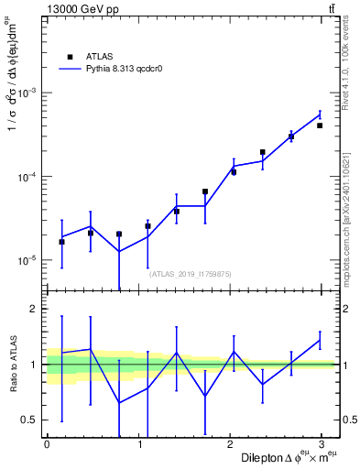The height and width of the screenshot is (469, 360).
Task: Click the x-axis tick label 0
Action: [x=47, y=444]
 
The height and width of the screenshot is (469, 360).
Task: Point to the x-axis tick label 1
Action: [x=139, y=444]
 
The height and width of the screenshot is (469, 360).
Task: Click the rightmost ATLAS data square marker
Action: [x=320, y=125]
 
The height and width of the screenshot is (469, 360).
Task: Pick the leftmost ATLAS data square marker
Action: [x=61, y=242]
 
